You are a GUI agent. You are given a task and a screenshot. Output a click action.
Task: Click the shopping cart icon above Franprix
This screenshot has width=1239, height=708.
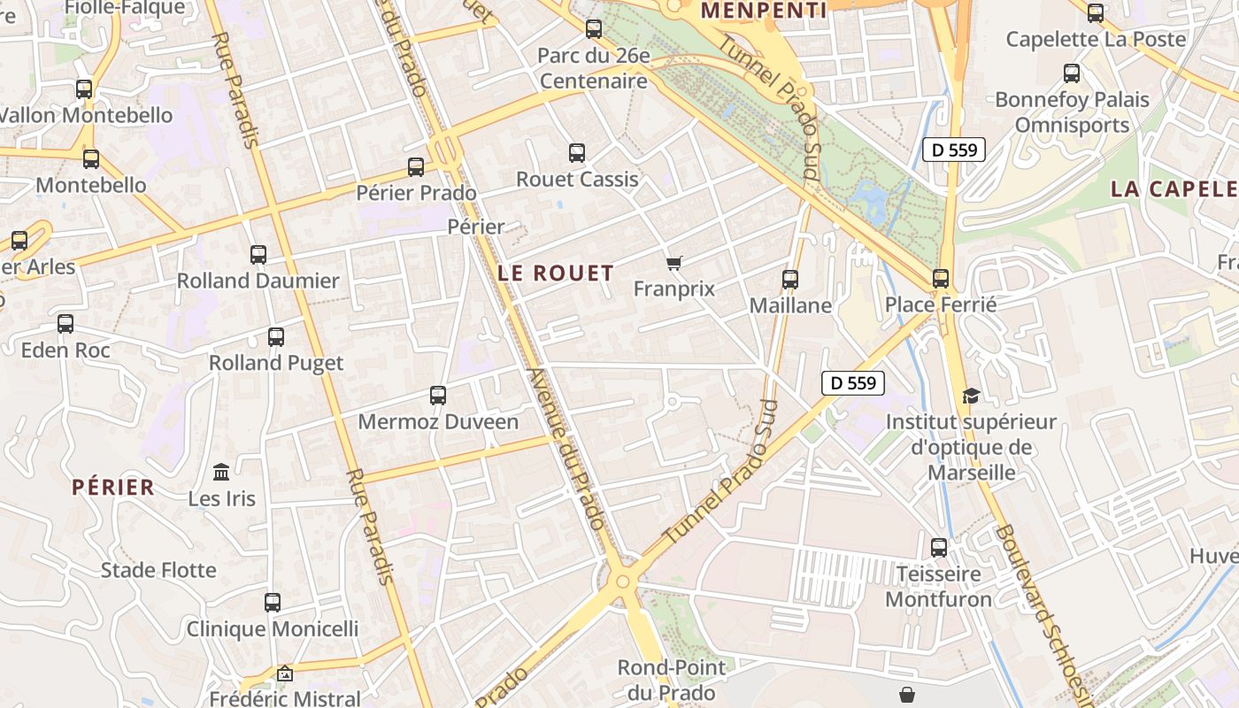click(674, 263)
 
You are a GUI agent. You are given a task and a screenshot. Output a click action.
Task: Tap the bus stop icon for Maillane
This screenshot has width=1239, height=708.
click(790, 280)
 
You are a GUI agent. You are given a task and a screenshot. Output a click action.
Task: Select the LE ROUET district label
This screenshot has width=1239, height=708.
click(556, 273)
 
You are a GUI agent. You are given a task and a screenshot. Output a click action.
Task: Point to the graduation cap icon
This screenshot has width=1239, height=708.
click(971, 396)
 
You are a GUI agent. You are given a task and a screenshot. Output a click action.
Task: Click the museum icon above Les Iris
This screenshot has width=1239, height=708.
click(221, 472)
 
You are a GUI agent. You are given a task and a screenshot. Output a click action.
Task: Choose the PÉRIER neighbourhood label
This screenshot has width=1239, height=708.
click(113, 487)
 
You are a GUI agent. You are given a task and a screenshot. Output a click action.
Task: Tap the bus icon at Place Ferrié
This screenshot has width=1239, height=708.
click(941, 279)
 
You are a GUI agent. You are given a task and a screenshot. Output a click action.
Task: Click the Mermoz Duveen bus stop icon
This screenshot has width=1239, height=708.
click(438, 396)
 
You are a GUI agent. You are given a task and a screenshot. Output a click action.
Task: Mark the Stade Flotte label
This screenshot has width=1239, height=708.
click(158, 570)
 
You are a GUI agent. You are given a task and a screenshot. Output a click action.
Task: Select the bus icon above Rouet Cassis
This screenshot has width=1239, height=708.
click(577, 153)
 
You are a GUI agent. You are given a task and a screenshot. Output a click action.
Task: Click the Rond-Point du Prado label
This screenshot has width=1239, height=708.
click(671, 679)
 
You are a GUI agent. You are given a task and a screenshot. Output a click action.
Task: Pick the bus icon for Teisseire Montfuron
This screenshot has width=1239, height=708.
click(939, 548)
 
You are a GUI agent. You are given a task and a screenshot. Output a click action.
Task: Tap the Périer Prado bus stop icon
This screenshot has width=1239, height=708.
click(416, 166)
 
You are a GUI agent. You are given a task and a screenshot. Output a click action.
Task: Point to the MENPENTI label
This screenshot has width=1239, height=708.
click(763, 11)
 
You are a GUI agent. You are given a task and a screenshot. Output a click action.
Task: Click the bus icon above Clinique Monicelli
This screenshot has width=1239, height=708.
click(273, 603)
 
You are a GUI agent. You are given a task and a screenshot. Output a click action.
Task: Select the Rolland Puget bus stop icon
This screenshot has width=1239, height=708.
click(276, 337)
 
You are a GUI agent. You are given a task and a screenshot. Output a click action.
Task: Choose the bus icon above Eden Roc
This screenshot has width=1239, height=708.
click(65, 324)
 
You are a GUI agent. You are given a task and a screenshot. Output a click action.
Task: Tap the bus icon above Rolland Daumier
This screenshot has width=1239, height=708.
click(258, 255)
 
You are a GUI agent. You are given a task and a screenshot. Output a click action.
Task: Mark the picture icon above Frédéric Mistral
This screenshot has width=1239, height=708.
click(285, 674)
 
